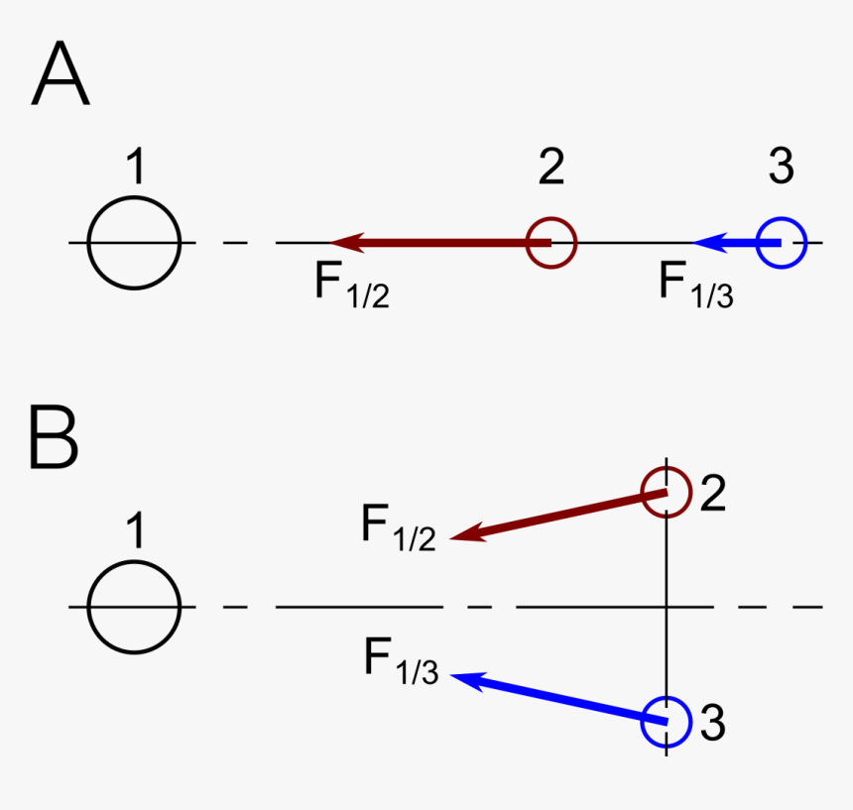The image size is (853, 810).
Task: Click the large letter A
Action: click(x=61, y=77)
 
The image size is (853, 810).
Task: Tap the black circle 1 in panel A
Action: click(x=134, y=243)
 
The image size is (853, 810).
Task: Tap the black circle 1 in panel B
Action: click(x=134, y=607)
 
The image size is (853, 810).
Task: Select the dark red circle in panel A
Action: click(x=550, y=243)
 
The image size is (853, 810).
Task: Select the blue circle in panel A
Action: click(x=782, y=243)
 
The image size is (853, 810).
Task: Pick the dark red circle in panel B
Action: click(x=667, y=492)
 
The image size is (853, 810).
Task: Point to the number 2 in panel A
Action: click(x=551, y=167)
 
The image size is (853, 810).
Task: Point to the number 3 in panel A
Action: click(x=782, y=167)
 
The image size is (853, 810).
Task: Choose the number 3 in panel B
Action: click(x=712, y=724)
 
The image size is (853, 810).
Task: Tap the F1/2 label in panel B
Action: click(x=398, y=526)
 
